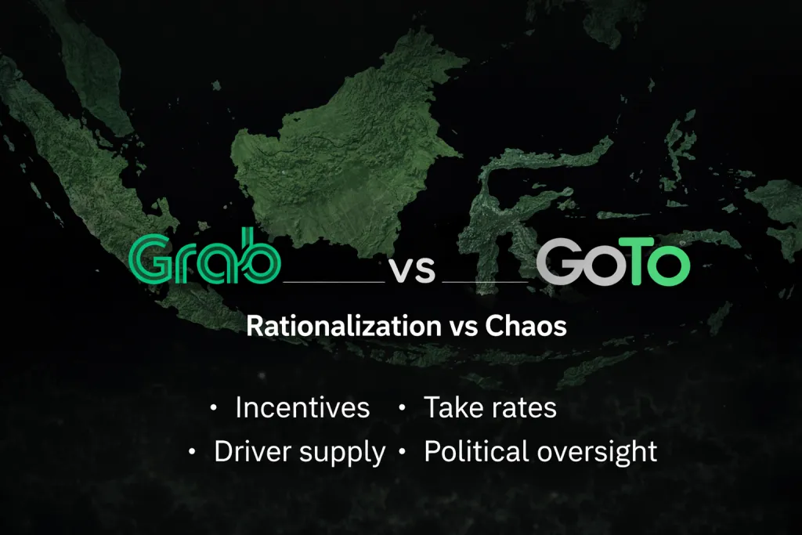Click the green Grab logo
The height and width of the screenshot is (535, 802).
pyautogui.click(x=204, y=256)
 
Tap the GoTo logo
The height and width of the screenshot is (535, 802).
pyautogui.click(x=613, y=262)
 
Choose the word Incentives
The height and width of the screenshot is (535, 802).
pyautogui.click(x=302, y=407)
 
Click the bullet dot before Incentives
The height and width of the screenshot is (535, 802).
pyautogui.click(x=214, y=408)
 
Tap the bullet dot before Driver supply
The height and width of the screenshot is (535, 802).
pyautogui.click(x=193, y=452)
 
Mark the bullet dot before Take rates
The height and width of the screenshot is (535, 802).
pyautogui.click(x=403, y=408)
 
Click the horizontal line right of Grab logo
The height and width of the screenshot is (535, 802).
pyautogui.click(x=334, y=282)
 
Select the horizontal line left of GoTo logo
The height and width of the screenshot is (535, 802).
pyautogui.click(x=485, y=282)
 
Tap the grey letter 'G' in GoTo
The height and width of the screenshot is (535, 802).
pyautogui.click(x=559, y=262)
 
